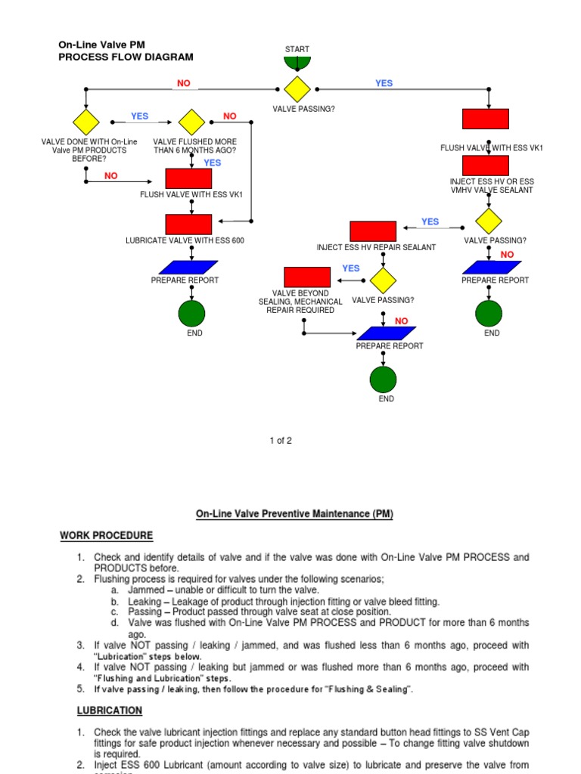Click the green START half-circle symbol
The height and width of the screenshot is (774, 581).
297,63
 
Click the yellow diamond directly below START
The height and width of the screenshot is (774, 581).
297,89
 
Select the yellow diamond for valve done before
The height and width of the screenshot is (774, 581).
85,122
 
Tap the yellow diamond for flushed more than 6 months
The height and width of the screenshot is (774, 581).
191,122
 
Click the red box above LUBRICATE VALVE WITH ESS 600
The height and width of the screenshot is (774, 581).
188,224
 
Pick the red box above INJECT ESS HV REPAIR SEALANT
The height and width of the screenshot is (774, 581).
373,231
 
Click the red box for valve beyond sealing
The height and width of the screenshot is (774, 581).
307,277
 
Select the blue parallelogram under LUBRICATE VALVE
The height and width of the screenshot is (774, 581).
189,267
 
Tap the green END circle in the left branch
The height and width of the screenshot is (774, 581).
191,313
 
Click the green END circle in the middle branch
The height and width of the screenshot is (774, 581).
383,379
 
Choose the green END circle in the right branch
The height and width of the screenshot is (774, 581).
489,313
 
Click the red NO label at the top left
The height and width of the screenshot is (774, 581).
184,83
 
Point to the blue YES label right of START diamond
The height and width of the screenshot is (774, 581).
384,83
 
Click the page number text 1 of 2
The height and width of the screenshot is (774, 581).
280,441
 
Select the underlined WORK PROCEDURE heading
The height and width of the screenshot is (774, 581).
106,535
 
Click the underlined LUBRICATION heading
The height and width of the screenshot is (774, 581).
110,711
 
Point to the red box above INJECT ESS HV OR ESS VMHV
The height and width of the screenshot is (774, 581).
486,166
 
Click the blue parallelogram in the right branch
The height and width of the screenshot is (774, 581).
492,267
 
